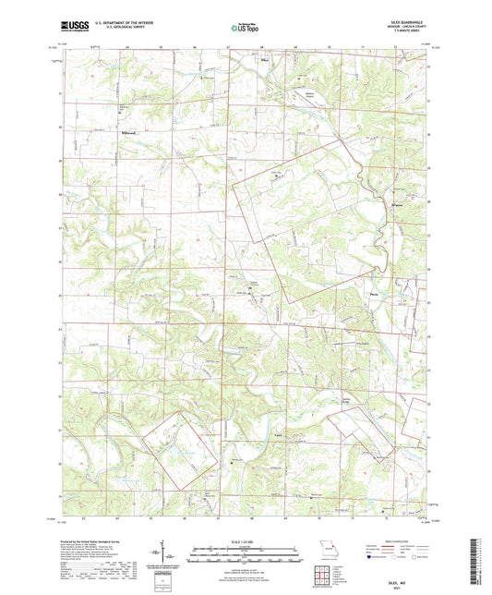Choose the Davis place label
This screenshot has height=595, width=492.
click(374, 295)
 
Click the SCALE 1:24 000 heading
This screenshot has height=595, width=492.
click(246, 540)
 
